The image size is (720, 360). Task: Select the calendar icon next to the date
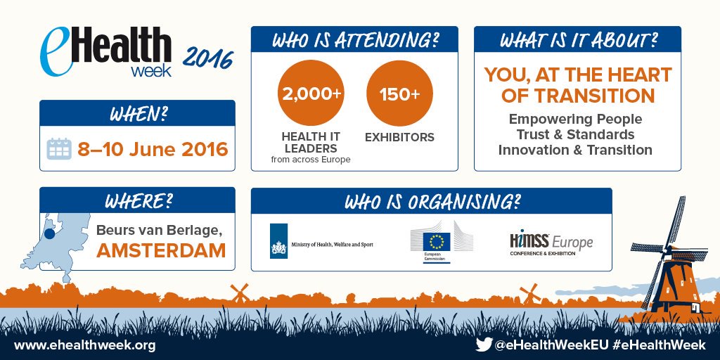(x=59, y=149)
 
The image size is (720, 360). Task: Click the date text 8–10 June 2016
(x=153, y=149)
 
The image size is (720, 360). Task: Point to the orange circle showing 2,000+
(x=310, y=93)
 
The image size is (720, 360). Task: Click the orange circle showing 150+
(x=399, y=93)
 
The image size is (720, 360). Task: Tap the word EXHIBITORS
(x=399, y=137)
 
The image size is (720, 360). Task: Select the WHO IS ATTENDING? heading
(x=354, y=39)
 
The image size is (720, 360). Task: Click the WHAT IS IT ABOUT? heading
(x=578, y=39)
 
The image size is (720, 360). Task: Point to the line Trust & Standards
(x=575, y=134)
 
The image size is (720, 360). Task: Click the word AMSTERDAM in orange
(x=161, y=250)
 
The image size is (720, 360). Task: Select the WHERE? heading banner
(x=138, y=200)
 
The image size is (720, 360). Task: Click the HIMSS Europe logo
(x=551, y=243)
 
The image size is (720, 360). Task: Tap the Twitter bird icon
(x=483, y=345)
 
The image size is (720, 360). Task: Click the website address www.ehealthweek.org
(x=84, y=345)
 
